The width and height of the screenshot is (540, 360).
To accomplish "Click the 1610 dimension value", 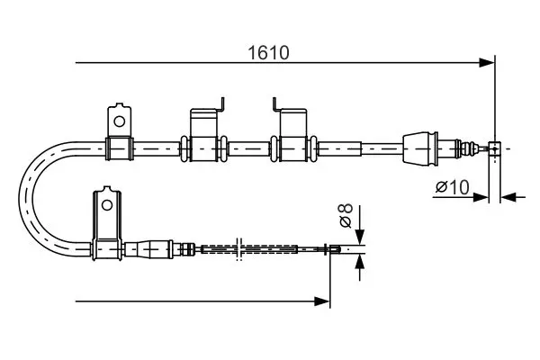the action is click(268, 53).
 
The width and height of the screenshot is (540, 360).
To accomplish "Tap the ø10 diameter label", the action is click(452, 187).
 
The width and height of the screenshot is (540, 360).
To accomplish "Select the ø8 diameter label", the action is click(346, 215).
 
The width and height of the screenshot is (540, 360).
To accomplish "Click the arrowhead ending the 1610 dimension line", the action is click(487, 63).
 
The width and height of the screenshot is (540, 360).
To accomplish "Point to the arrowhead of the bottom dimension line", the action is click(322, 301).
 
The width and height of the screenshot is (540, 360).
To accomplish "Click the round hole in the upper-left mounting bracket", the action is click(120, 121).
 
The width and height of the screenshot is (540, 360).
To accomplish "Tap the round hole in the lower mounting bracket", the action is click(107, 206).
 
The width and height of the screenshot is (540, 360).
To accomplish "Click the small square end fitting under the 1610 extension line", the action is click(494, 148).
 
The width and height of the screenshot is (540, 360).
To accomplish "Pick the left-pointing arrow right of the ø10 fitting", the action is click(513, 197).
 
